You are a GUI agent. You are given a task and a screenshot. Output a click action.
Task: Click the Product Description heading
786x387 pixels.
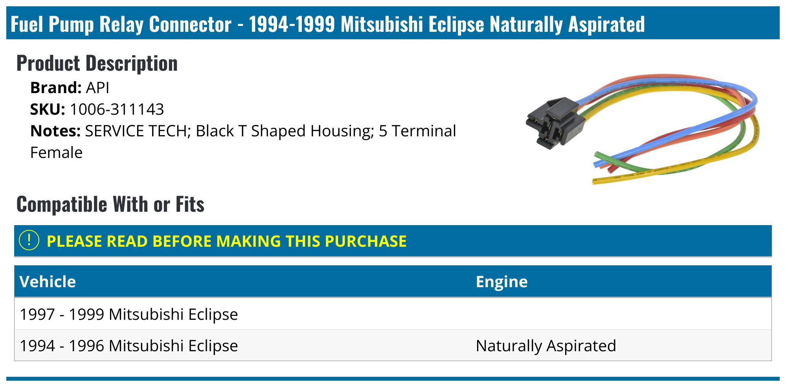[97, 64]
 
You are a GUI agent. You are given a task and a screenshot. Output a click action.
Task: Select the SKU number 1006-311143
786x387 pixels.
[117, 110]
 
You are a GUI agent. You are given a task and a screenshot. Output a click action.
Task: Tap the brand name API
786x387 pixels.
[97, 88]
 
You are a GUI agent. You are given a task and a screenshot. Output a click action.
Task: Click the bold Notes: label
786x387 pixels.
[55, 131]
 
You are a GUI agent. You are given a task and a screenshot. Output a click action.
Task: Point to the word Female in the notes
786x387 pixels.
[56, 153]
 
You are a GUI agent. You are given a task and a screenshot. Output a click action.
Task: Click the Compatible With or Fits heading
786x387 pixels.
[110, 205]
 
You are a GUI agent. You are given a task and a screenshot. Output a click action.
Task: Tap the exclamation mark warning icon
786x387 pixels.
[29, 240]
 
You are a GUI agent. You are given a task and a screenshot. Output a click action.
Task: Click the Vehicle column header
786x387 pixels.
[48, 282]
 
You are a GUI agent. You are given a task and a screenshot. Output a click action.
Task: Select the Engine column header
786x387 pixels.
[501, 282]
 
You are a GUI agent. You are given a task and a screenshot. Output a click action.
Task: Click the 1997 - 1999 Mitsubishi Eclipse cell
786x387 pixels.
[129, 314]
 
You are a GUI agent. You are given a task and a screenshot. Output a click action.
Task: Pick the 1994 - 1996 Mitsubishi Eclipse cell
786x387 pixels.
[129, 346]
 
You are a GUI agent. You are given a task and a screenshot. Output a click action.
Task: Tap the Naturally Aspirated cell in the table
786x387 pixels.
[545, 346]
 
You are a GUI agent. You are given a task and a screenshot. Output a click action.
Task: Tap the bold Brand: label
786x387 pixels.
[56, 88]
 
